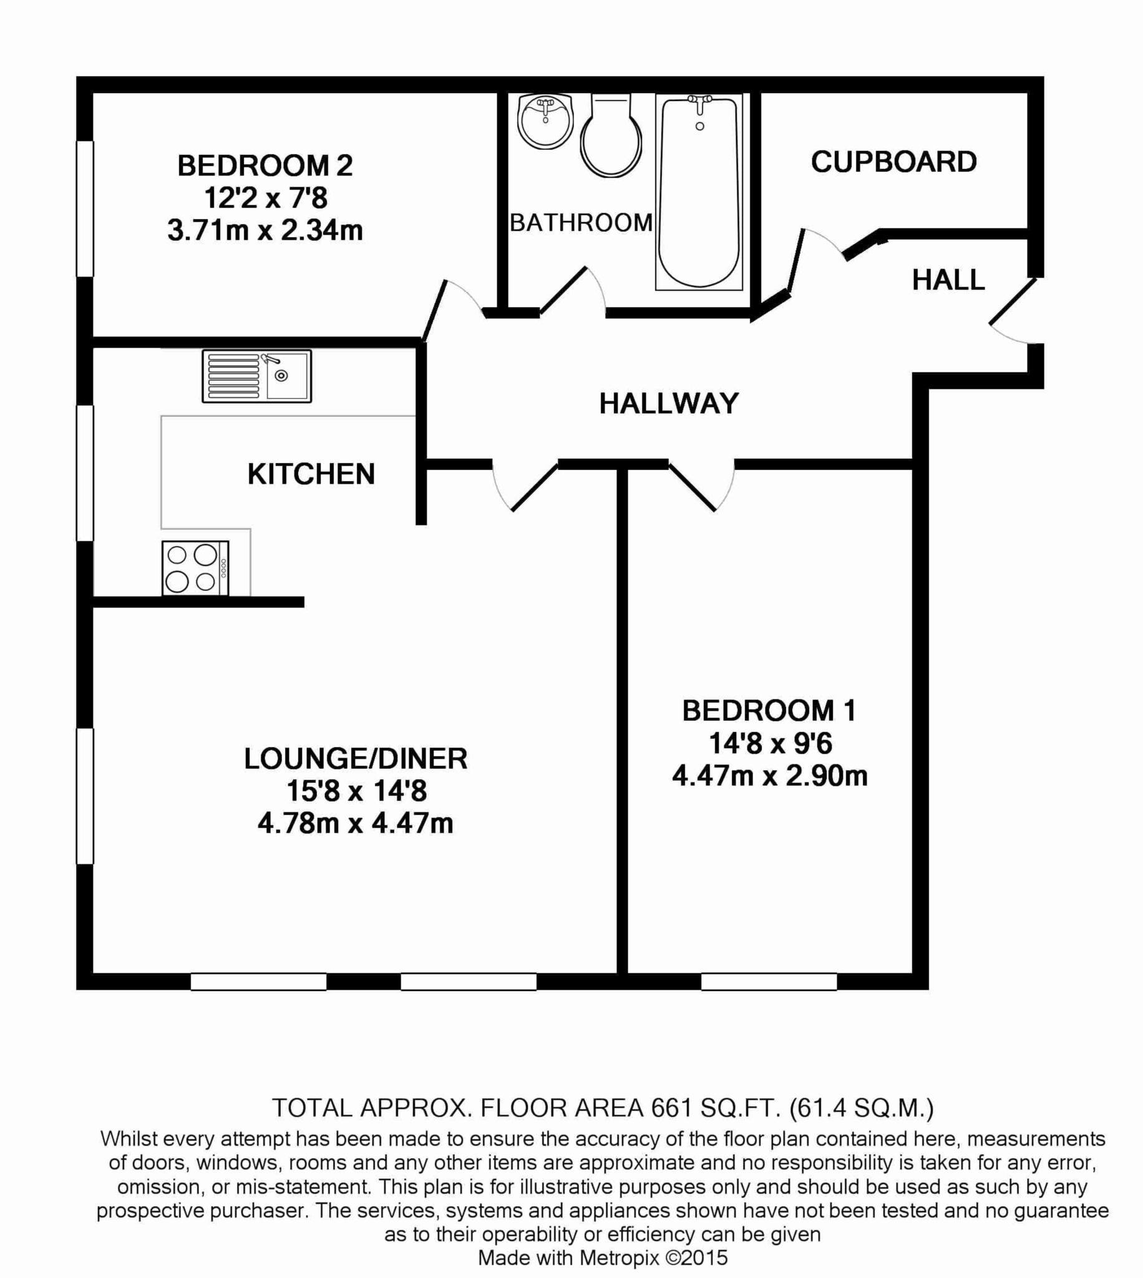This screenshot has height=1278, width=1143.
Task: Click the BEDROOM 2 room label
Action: pos(265,166)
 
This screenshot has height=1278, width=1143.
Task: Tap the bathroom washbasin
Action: pos(545,121)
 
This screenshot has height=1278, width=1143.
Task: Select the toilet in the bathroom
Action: pos(611,139)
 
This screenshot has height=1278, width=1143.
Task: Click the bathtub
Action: pos(699,192)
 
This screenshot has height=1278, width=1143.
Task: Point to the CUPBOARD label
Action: pos(893,162)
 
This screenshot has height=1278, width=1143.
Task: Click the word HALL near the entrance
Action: pos(948,280)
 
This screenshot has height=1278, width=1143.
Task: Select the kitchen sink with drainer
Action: pos(256,376)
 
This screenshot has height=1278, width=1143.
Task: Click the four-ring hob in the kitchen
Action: pos(195,568)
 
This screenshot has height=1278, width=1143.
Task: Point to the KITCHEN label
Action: pos(311,474)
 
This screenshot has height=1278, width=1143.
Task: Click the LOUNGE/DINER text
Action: pos(356,759)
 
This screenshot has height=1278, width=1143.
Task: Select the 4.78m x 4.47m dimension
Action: pos(356,823)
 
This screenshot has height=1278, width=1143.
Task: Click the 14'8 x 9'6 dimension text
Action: pos(770,744)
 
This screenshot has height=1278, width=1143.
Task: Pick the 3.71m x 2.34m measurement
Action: pos(265,230)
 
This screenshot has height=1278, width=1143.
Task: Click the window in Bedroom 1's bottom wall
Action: pos(769,982)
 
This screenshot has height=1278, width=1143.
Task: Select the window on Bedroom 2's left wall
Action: pos(85,208)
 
